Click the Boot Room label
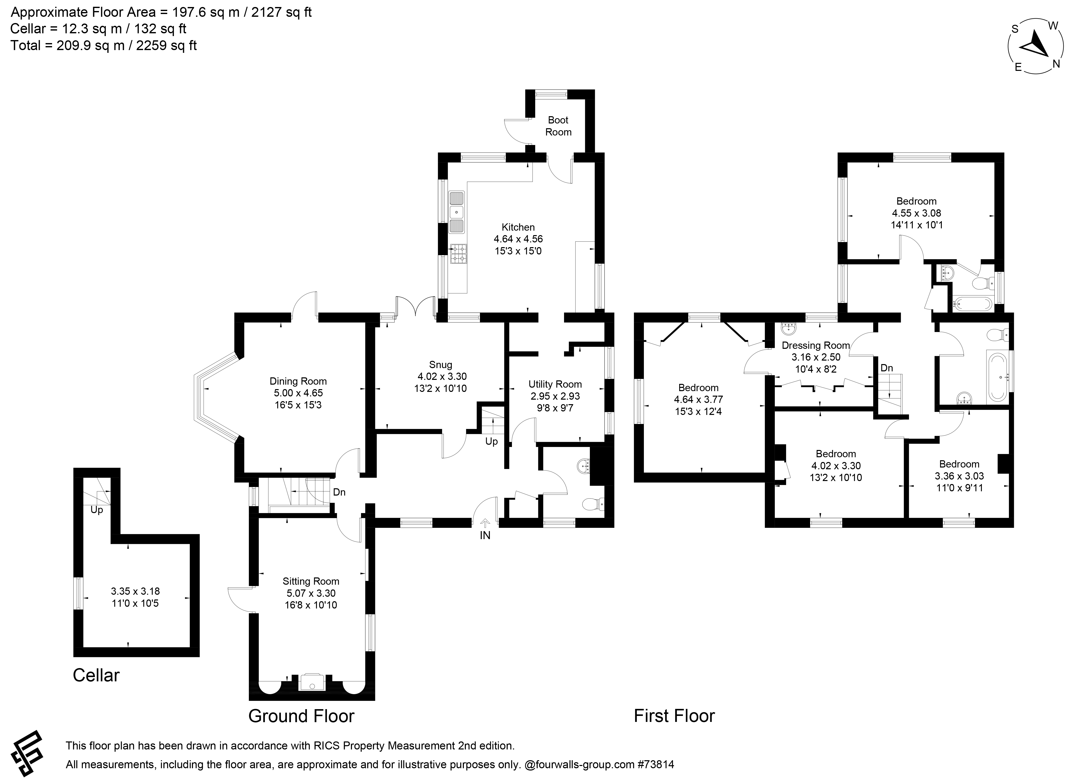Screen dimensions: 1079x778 [558, 126]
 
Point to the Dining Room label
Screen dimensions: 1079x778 [298, 381]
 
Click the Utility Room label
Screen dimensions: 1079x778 [555, 384]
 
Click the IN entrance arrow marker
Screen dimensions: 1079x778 [485, 523]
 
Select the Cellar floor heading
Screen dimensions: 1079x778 [96, 675]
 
